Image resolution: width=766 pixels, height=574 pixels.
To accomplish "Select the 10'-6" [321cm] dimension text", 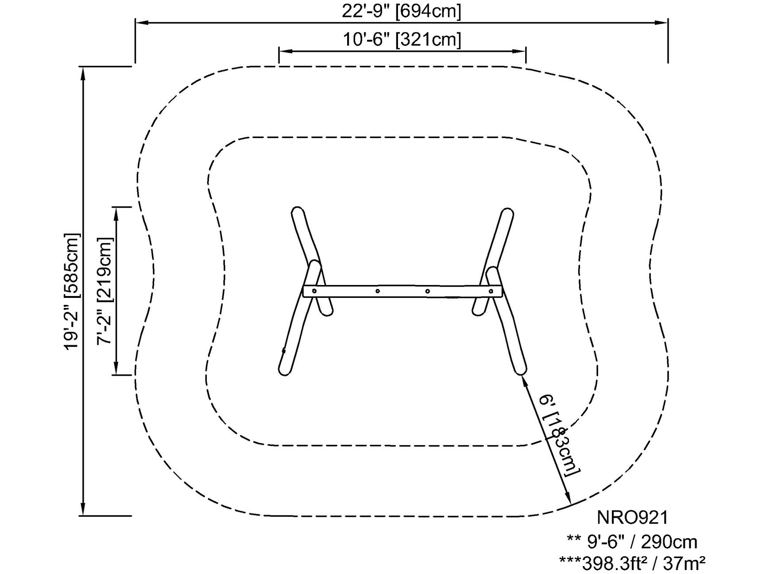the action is point(402,40).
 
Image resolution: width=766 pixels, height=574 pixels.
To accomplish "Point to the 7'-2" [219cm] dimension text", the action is point(105,291).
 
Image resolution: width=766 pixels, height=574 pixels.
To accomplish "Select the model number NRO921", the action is point(632,517).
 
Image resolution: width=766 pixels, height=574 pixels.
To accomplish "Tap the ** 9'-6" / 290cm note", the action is point(632,542).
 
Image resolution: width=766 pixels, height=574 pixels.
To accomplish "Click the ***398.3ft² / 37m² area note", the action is point(632,563).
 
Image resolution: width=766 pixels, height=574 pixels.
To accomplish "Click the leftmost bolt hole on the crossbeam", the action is point(314,291).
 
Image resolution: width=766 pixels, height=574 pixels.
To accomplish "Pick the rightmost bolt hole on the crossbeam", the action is point(491,291).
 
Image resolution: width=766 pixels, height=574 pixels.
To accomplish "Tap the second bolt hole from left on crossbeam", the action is point(377,291).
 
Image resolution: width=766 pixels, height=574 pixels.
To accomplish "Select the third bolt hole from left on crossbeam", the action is point(427,291).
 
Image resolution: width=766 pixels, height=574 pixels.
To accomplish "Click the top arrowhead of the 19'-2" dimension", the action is point(83,73).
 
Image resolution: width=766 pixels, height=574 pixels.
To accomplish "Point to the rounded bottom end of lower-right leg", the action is point(520,371).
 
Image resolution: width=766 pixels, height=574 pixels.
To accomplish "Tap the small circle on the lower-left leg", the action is point(284,351).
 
